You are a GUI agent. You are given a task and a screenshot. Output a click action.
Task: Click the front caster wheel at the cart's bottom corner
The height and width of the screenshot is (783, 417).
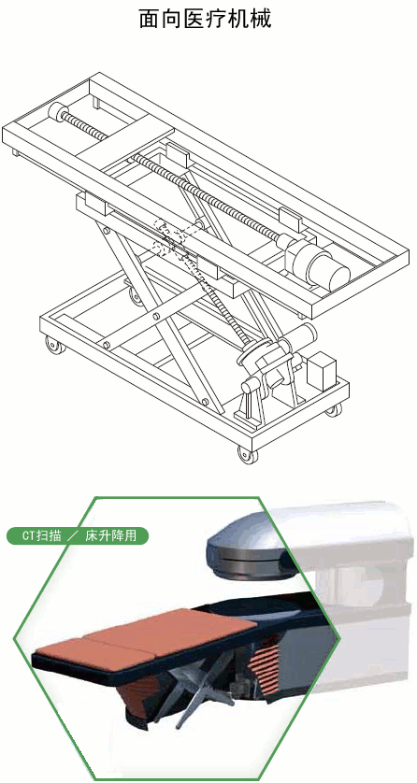pos(246,455)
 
